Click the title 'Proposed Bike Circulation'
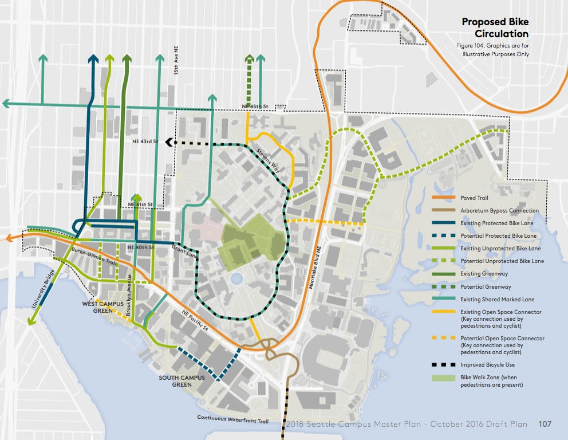[496, 27]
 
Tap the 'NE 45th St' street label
[255, 107]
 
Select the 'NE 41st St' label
[141, 205]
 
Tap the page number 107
[545, 425]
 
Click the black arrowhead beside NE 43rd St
[169, 142]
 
